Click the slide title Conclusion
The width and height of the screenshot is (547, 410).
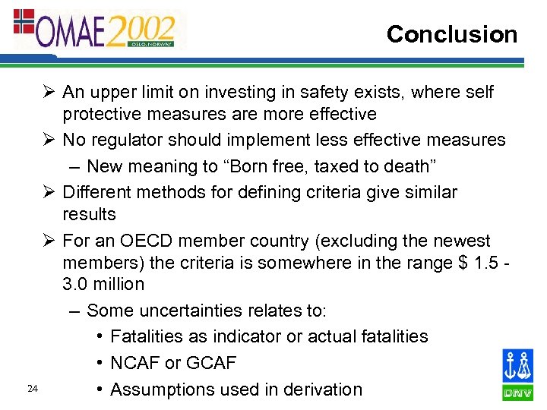[451, 34]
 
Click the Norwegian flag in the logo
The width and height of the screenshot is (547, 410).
[24, 22]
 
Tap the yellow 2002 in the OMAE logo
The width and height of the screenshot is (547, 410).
[140, 30]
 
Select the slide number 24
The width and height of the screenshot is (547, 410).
[32, 389]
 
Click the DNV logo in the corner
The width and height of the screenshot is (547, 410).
[517, 374]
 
